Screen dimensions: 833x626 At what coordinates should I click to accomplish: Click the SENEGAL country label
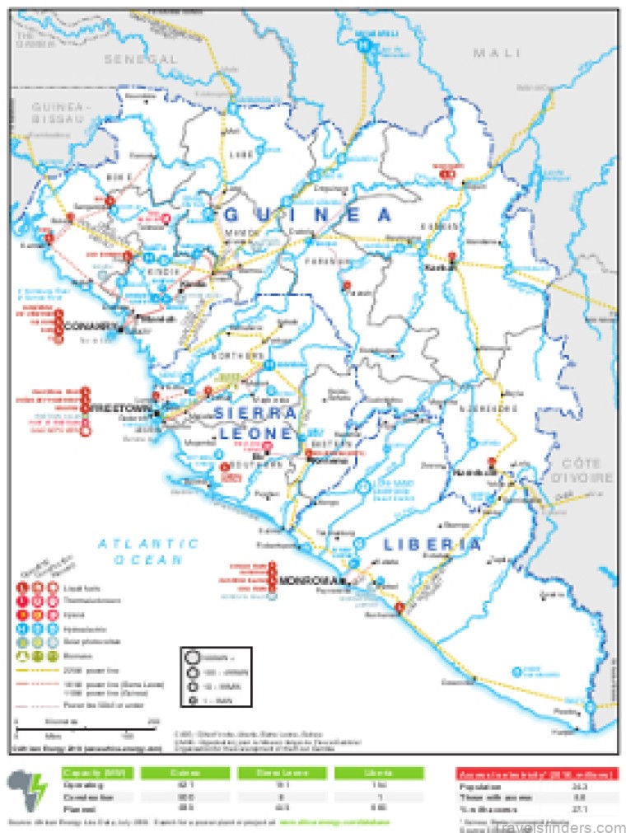pos(140,60)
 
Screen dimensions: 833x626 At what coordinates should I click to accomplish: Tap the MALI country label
pos(497,53)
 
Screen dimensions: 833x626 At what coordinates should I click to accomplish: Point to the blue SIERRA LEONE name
pos(255,422)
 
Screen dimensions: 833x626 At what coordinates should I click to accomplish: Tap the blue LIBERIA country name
pos(432,545)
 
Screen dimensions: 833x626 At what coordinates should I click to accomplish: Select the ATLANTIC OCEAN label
pos(148,551)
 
